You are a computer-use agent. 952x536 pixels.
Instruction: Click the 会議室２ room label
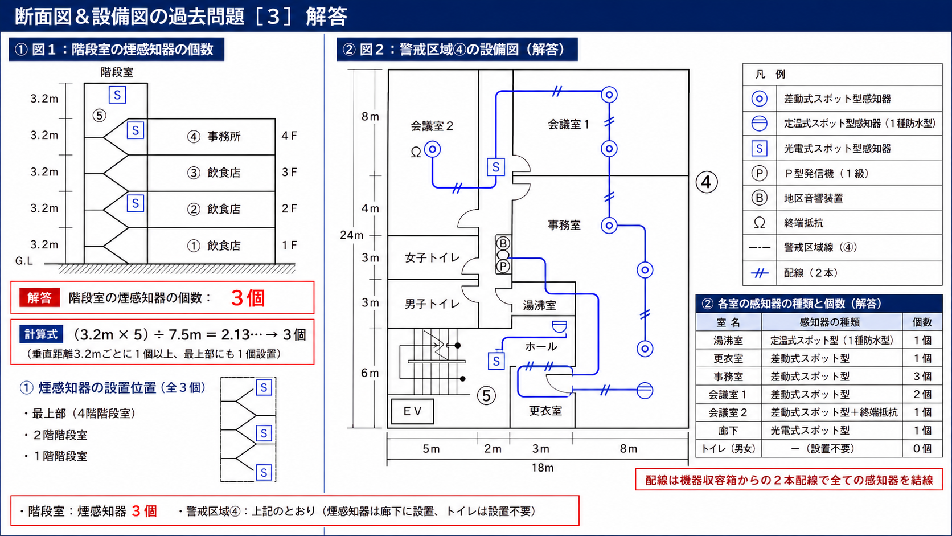pyautogui.click(x=432, y=126)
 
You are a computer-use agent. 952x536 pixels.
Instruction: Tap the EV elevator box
pyautogui.click(x=412, y=411)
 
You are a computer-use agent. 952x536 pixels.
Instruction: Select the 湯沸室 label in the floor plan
pyautogui.click(x=539, y=305)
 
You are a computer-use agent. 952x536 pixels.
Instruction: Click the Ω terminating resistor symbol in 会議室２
pyautogui.click(x=416, y=152)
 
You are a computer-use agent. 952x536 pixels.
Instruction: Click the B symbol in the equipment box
pyautogui.click(x=503, y=243)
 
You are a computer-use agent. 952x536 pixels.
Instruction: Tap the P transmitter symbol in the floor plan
pyautogui.click(x=503, y=267)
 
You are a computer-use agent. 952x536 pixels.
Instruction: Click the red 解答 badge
pyautogui.click(x=39, y=297)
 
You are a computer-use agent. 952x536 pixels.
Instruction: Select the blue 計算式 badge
pyautogui.click(x=41, y=334)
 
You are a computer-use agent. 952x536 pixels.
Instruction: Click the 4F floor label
pyautogui.click(x=289, y=136)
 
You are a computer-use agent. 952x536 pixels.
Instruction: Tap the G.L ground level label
pyautogui.click(x=24, y=260)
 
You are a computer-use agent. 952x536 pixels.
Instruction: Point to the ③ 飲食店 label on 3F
pyautogui.click(x=214, y=173)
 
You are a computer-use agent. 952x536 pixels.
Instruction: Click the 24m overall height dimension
pyautogui.click(x=351, y=235)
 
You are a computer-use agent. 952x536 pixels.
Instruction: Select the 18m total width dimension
pyautogui.click(x=542, y=468)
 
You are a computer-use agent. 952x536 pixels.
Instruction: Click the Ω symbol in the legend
pyautogui.click(x=759, y=223)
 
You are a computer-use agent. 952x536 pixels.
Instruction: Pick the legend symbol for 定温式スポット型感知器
pyautogui.click(x=759, y=123)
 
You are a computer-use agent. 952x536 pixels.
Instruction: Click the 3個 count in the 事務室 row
pyautogui.click(x=922, y=376)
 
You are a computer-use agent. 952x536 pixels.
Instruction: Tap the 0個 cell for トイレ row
pyautogui.click(x=922, y=448)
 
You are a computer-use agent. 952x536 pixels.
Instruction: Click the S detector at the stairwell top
pyautogui.click(x=117, y=95)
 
